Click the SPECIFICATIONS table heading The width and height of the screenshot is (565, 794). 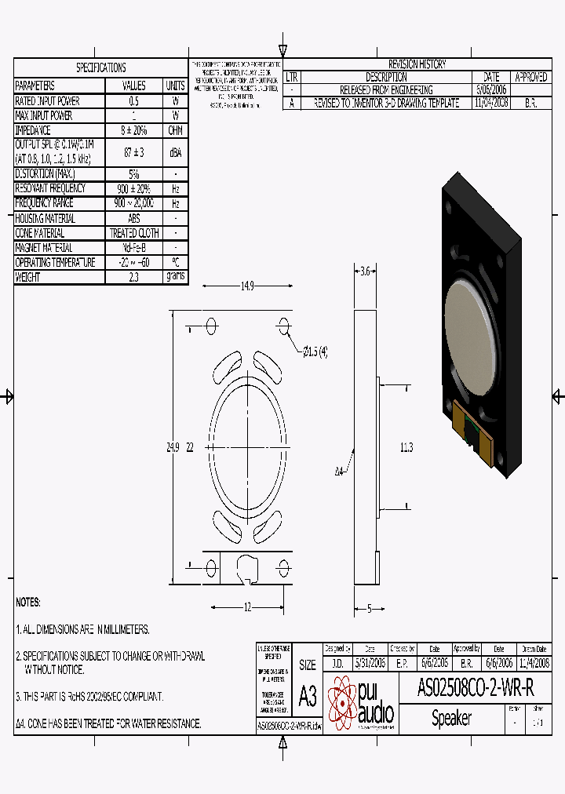pyautogui.click(x=100, y=67)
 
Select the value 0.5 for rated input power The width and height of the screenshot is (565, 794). pyautogui.click(x=133, y=101)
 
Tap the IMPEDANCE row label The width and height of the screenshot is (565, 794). pyautogui.click(x=34, y=131)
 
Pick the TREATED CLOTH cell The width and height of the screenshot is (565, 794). pyautogui.click(x=133, y=233)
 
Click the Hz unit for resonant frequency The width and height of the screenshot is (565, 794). pyautogui.click(x=175, y=188)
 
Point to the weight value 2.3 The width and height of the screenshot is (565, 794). pyautogui.click(x=133, y=277)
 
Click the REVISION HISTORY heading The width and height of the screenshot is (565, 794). pyautogui.click(x=417, y=64)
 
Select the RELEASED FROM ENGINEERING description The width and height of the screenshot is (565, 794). pyautogui.click(x=385, y=90)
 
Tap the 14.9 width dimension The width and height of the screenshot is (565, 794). pyautogui.click(x=246, y=286)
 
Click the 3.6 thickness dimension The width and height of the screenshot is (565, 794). pyautogui.click(x=364, y=272)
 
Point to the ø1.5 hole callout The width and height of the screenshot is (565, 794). pyautogui.click(x=313, y=351)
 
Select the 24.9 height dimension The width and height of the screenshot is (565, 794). pyautogui.click(x=173, y=447)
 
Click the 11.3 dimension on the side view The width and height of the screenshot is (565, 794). pyautogui.click(x=406, y=447)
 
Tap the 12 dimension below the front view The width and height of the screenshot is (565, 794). pyautogui.click(x=247, y=606)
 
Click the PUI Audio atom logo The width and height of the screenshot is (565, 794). pyautogui.click(x=343, y=702)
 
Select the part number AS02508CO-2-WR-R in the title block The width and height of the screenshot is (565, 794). pyautogui.click(x=476, y=689)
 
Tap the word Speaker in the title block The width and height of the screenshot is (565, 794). pyautogui.click(x=451, y=718)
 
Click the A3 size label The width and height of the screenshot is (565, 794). pyautogui.click(x=308, y=695)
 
